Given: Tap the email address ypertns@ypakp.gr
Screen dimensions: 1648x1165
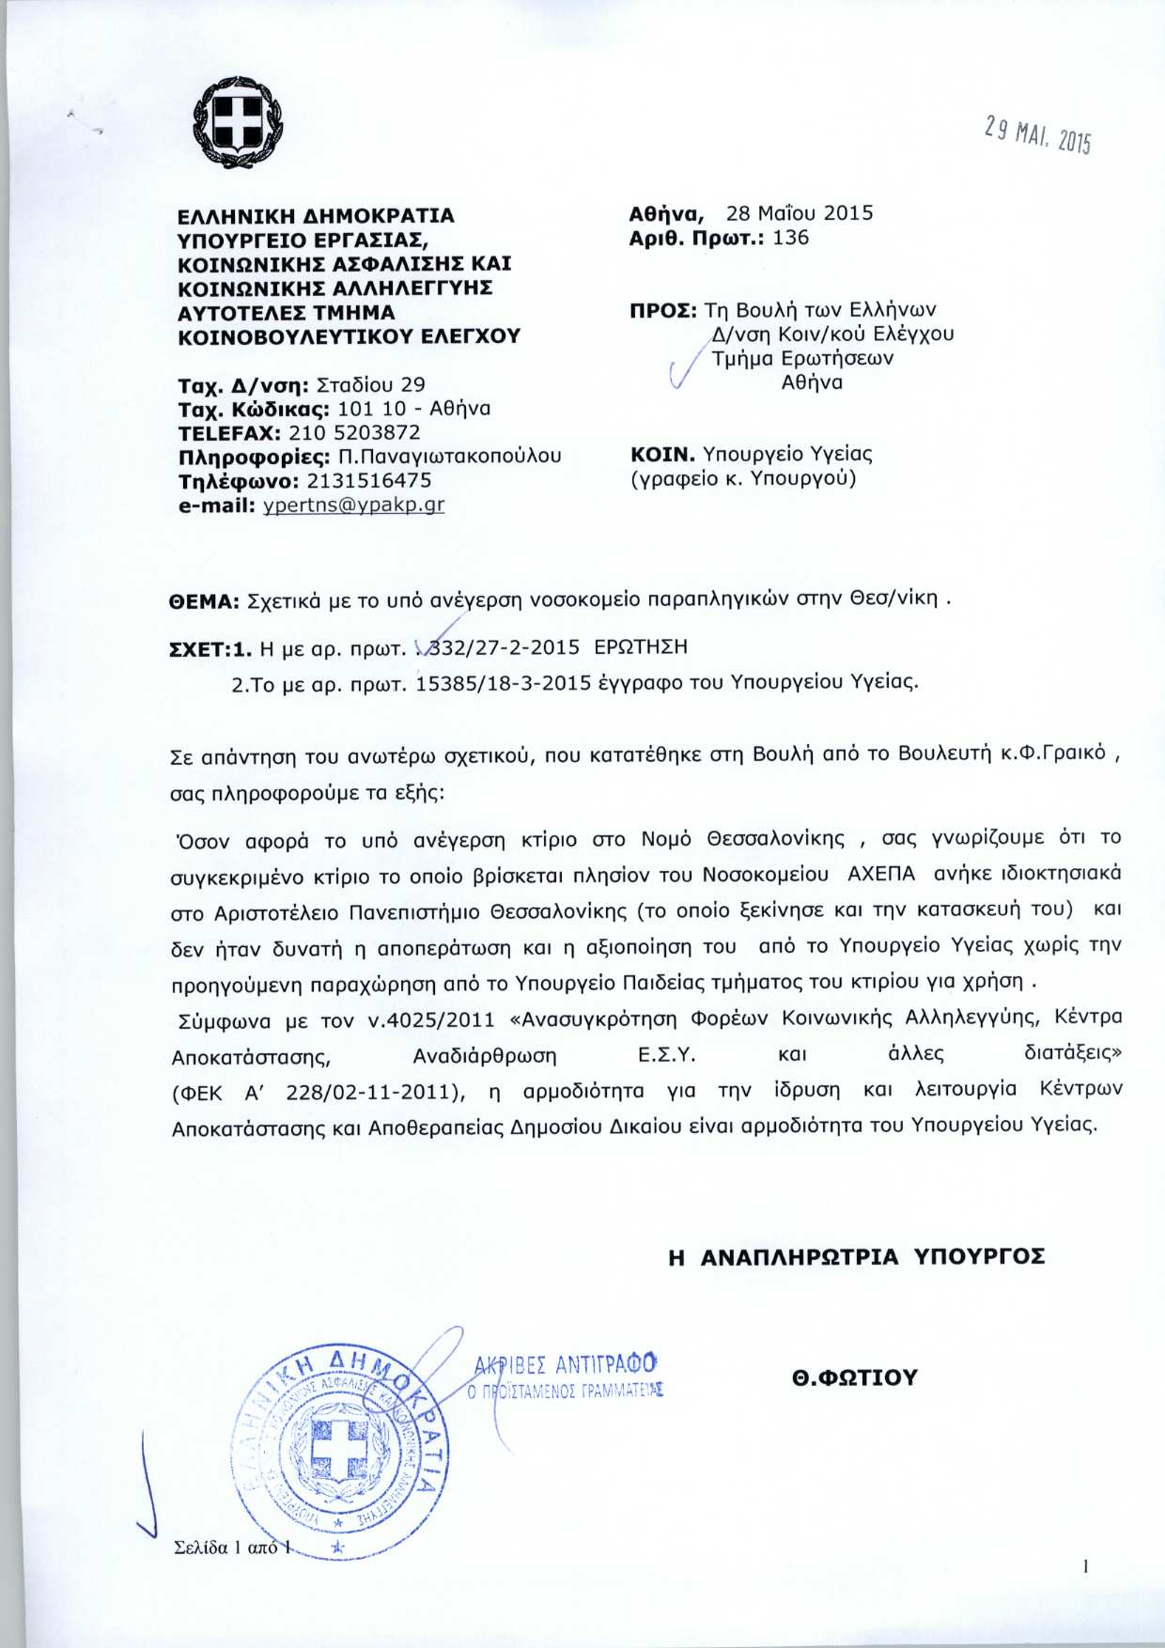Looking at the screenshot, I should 353,505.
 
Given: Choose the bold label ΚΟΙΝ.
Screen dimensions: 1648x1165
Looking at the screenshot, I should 659,455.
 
